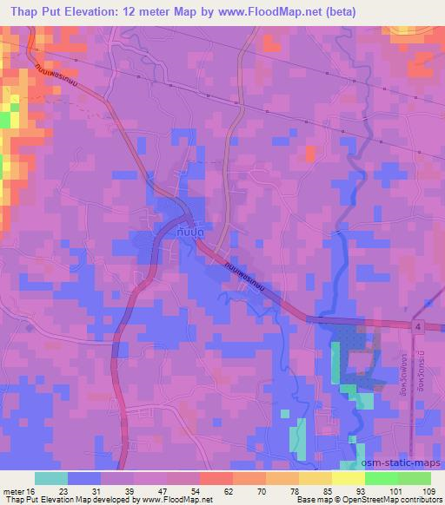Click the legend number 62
[x=203, y=490]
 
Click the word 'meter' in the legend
[x=14, y=490]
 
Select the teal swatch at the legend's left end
[x=50, y=478]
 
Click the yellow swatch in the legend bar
[x=348, y=478]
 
